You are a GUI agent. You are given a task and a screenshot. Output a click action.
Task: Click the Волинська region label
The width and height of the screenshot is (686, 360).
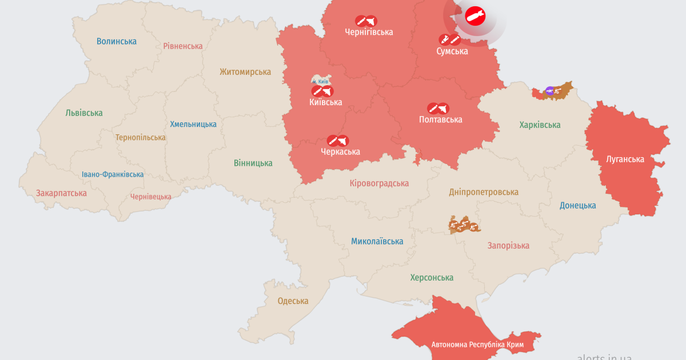[x=117, y=41]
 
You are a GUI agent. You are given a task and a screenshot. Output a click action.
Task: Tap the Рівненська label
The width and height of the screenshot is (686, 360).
[x=183, y=46]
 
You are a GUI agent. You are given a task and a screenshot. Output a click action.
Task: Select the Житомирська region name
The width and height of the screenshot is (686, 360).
[x=245, y=72]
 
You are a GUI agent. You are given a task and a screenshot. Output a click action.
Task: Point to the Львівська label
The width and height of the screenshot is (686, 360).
[x=84, y=113]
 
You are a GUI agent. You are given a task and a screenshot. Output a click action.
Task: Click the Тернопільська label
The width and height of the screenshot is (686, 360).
[x=141, y=137]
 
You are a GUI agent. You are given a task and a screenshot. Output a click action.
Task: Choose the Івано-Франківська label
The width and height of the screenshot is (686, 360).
[x=113, y=174]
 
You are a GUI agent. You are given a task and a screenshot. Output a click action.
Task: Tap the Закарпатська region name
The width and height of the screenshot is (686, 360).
[x=61, y=193]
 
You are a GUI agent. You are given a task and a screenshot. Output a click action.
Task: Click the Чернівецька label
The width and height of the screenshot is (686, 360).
[x=151, y=197]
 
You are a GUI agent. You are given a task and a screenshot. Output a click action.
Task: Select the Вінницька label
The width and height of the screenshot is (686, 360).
[x=253, y=163]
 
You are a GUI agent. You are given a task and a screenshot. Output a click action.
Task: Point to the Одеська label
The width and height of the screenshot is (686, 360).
[x=293, y=301]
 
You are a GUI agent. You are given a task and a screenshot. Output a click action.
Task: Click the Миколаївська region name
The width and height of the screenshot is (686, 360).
[x=377, y=241]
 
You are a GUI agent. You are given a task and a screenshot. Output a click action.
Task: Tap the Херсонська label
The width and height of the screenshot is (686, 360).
[x=432, y=278]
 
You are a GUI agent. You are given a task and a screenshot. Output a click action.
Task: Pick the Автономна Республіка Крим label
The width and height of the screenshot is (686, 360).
[x=477, y=345]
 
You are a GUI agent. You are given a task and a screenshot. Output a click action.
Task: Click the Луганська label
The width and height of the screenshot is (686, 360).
[x=625, y=159]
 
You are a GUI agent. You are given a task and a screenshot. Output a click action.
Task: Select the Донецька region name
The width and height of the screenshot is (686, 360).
[x=577, y=205]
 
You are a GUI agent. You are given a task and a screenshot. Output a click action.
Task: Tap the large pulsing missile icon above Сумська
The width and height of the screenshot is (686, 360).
[x=475, y=17]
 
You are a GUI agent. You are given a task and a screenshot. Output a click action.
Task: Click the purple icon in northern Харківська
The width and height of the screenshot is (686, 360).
[x=549, y=90]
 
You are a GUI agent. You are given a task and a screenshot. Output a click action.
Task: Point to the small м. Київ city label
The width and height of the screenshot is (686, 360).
[x=320, y=82]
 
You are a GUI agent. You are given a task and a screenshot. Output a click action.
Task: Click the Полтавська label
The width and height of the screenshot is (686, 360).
[x=440, y=119]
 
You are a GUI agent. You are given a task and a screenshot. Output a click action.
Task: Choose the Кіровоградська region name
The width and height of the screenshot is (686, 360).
[x=379, y=183]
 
